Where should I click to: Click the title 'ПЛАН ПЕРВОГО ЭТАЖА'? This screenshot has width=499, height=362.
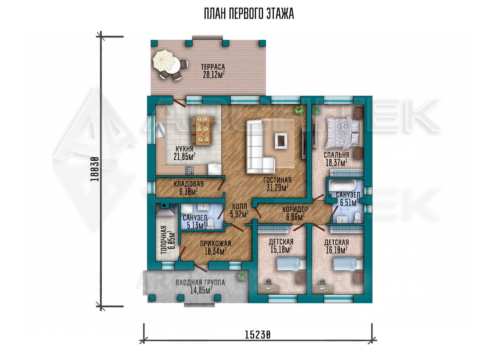click(x=249, y=14)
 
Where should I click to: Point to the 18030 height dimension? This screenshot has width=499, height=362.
click(x=95, y=169)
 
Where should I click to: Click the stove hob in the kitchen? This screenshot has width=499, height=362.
click(x=189, y=171)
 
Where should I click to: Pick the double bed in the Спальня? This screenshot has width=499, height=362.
click(x=343, y=133)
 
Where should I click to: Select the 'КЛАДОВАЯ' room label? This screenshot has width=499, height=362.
click(x=189, y=184)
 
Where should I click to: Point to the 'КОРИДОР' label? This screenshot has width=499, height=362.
click(x=295, y=209)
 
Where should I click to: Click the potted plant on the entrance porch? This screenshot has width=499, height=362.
click(x=242, y=276)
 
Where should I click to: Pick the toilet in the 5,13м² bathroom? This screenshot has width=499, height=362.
click(x=210, y=224)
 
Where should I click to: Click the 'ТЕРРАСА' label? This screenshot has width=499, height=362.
click(x=213, y=67)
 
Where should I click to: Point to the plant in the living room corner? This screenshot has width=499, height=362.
click(x=299, y=110)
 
